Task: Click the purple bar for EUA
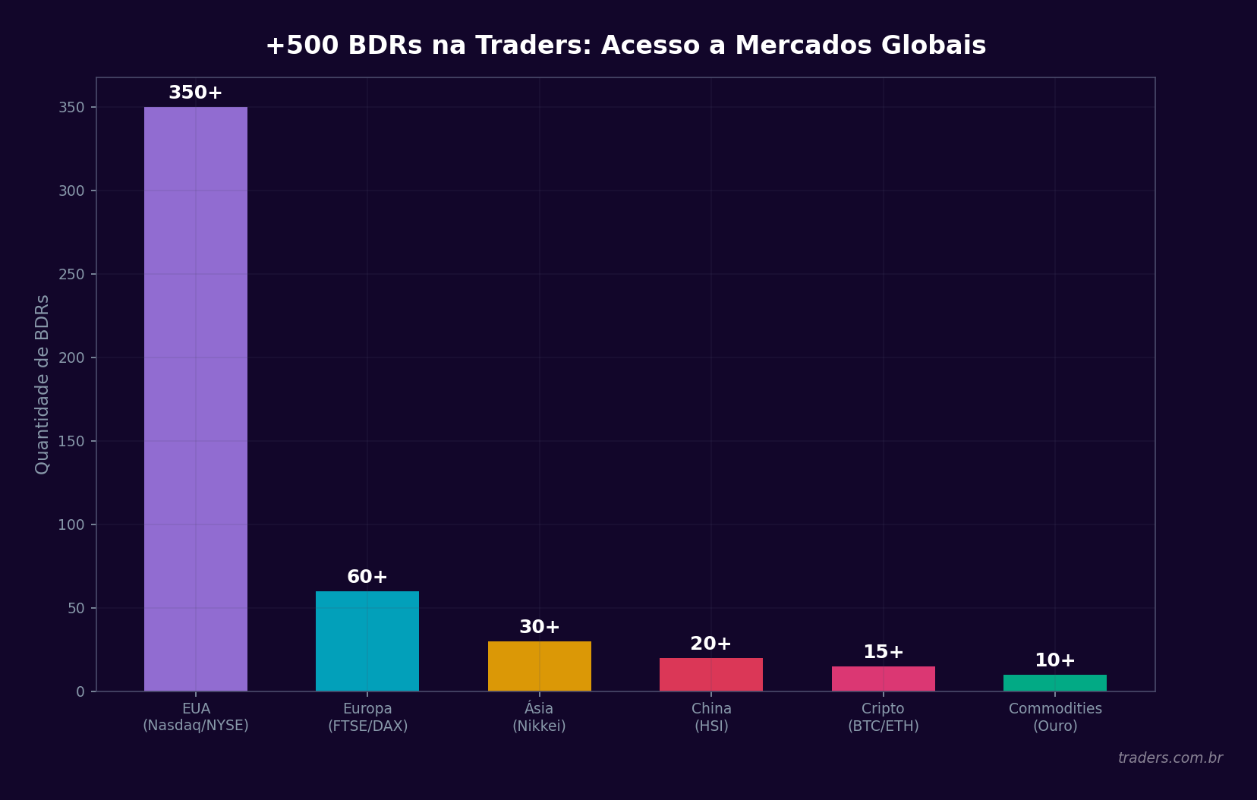pos(196,398)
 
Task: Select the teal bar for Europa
pos(367,641)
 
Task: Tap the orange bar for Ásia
pos(539,666)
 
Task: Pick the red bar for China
pos(711,674)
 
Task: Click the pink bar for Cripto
pos(883,679)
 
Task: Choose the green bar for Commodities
pos(1054,682)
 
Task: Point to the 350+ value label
pos(195,93)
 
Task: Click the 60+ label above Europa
pos(367,577)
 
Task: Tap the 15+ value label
pos(883,652)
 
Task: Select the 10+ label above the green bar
pos(1054,660)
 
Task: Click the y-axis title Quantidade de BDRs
pos(43,384)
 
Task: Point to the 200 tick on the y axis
pos(71,357)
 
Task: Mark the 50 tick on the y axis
pos(76,608)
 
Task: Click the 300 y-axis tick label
pos(71,191)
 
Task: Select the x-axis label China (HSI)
pos(711,717)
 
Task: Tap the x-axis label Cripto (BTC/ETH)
pos(883,717)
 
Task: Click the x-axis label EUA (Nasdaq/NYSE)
pos(196,717)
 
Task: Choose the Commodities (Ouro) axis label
pos(1054,717)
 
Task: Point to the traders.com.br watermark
pos(1170,757)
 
